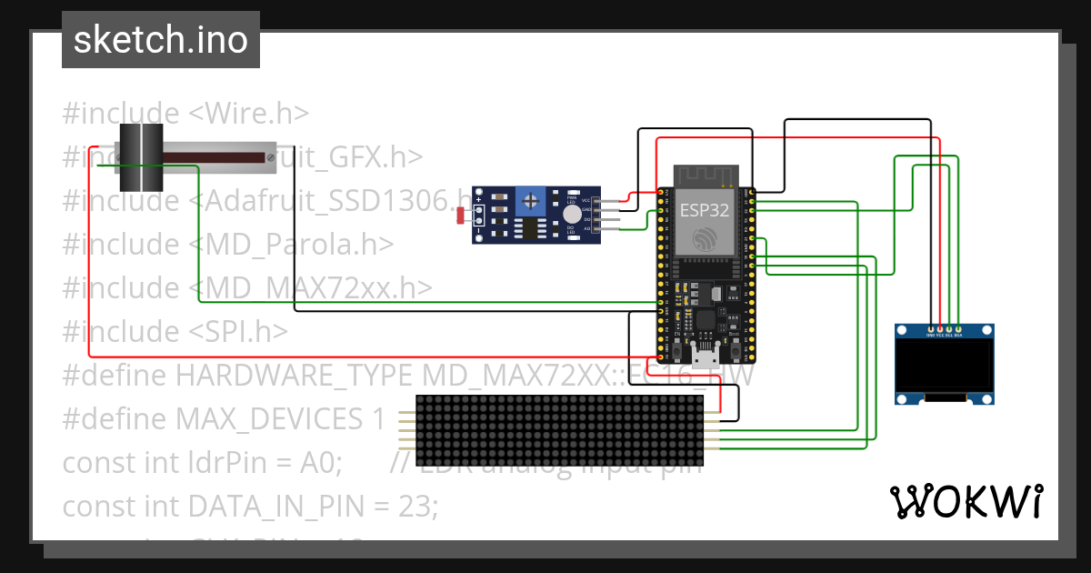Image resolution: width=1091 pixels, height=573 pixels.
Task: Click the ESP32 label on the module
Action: click(706, 211)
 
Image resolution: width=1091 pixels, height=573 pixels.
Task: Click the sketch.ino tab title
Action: click(161, 40)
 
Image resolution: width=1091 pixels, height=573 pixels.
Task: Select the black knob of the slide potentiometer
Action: click(140, 156)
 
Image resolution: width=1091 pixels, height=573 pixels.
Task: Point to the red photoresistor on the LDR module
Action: click(461, 216)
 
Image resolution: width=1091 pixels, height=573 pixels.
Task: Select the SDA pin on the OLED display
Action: click(958, 328)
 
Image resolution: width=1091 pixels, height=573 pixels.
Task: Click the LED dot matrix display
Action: click(566, 429)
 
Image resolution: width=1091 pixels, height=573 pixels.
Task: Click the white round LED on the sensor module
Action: click(571, 215)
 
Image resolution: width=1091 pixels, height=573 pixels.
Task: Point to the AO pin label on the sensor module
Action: click(586, 230)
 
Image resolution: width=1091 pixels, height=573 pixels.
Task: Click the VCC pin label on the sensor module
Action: click(586, 199)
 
